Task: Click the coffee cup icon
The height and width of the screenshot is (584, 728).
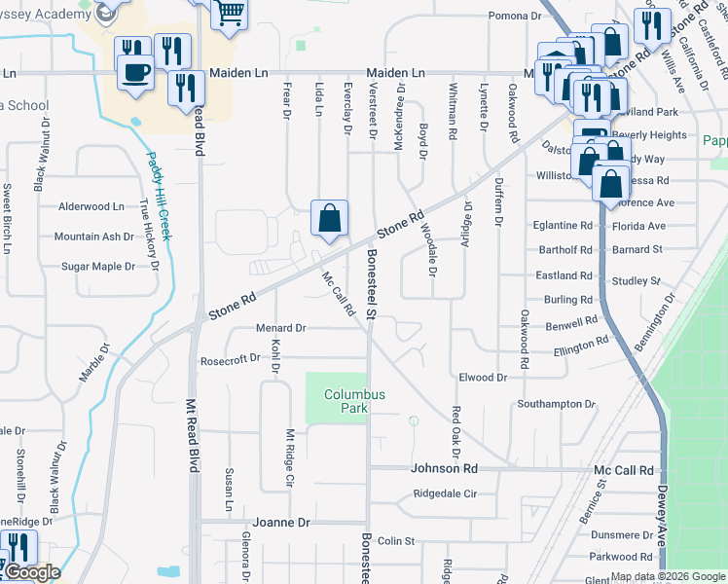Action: click(x=135, y=71)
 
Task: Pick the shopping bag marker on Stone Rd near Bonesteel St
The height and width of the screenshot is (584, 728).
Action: click(x=329, y=218)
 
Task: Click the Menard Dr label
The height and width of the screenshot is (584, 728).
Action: click(x=280, y=328)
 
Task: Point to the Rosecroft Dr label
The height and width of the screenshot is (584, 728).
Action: click(x=230, y=358)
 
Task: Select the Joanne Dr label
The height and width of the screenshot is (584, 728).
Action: click(x=281, y=523)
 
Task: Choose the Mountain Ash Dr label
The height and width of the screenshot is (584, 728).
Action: click(x=93, y=237)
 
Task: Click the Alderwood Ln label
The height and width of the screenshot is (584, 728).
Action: click(x=91, y=206)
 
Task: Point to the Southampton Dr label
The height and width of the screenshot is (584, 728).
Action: click(x=556, y=404)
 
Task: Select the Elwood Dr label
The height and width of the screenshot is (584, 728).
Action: click(x=484, y=377)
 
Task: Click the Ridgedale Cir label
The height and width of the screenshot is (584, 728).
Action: click(x=444, y=494)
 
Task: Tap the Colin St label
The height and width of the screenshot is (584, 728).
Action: click(x=396, y=541)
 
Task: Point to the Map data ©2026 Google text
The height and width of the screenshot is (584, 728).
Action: click(x=668, y=576)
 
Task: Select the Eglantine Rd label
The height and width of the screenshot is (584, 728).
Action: click(x=563, y=225)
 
